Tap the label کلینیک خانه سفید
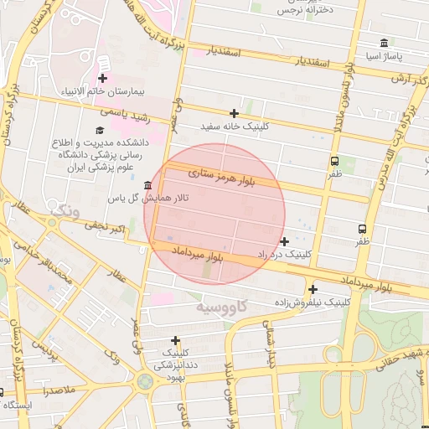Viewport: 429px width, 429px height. click(234, 127)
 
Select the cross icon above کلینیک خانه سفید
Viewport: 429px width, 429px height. click(234, 113)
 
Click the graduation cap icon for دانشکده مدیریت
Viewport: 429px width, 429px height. click(101, 131)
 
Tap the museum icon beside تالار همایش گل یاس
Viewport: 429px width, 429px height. click(148, 185)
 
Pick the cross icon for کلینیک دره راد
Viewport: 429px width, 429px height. click(284, 240)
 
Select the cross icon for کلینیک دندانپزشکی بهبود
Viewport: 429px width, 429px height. click(174, 340)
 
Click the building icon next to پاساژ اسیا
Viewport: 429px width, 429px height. click(383, 43)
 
